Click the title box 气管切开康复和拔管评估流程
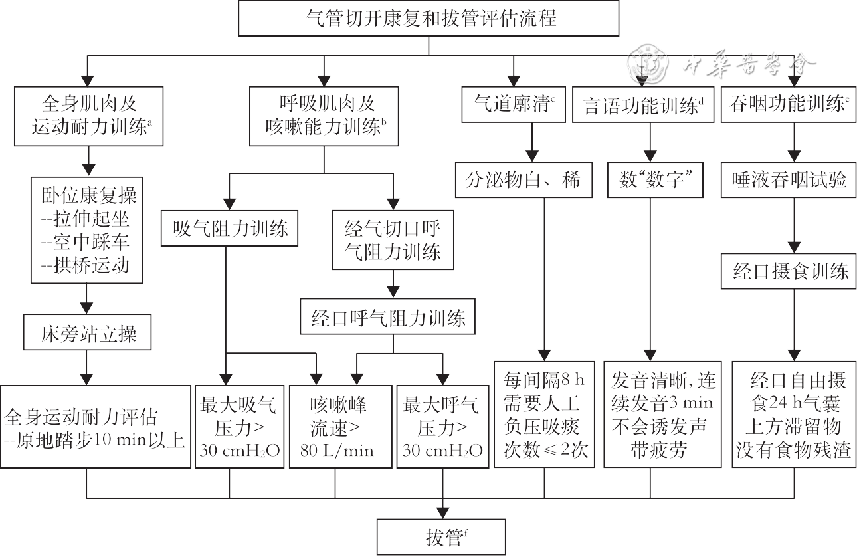coord(428,19)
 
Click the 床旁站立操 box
coord(88,334)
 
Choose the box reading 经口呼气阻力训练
coord(389,318)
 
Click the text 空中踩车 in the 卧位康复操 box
coord(89,241)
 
